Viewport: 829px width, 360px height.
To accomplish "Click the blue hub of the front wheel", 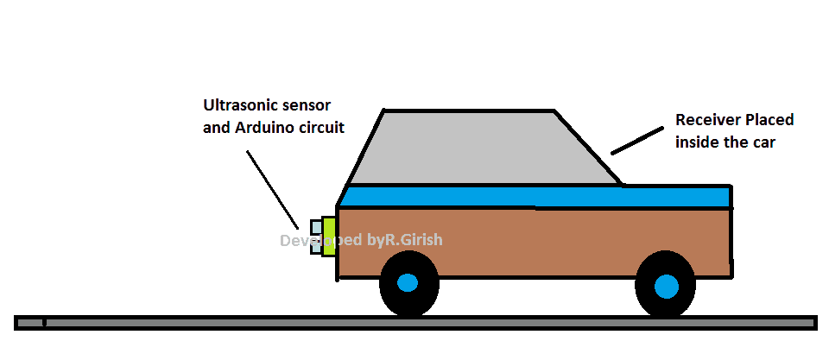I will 408,282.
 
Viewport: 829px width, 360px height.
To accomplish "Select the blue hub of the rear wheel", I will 666,285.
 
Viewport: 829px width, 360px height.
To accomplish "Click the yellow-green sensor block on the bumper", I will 329,237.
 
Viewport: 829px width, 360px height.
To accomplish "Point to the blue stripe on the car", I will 535,196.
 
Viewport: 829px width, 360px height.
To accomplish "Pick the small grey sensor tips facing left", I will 315,237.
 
